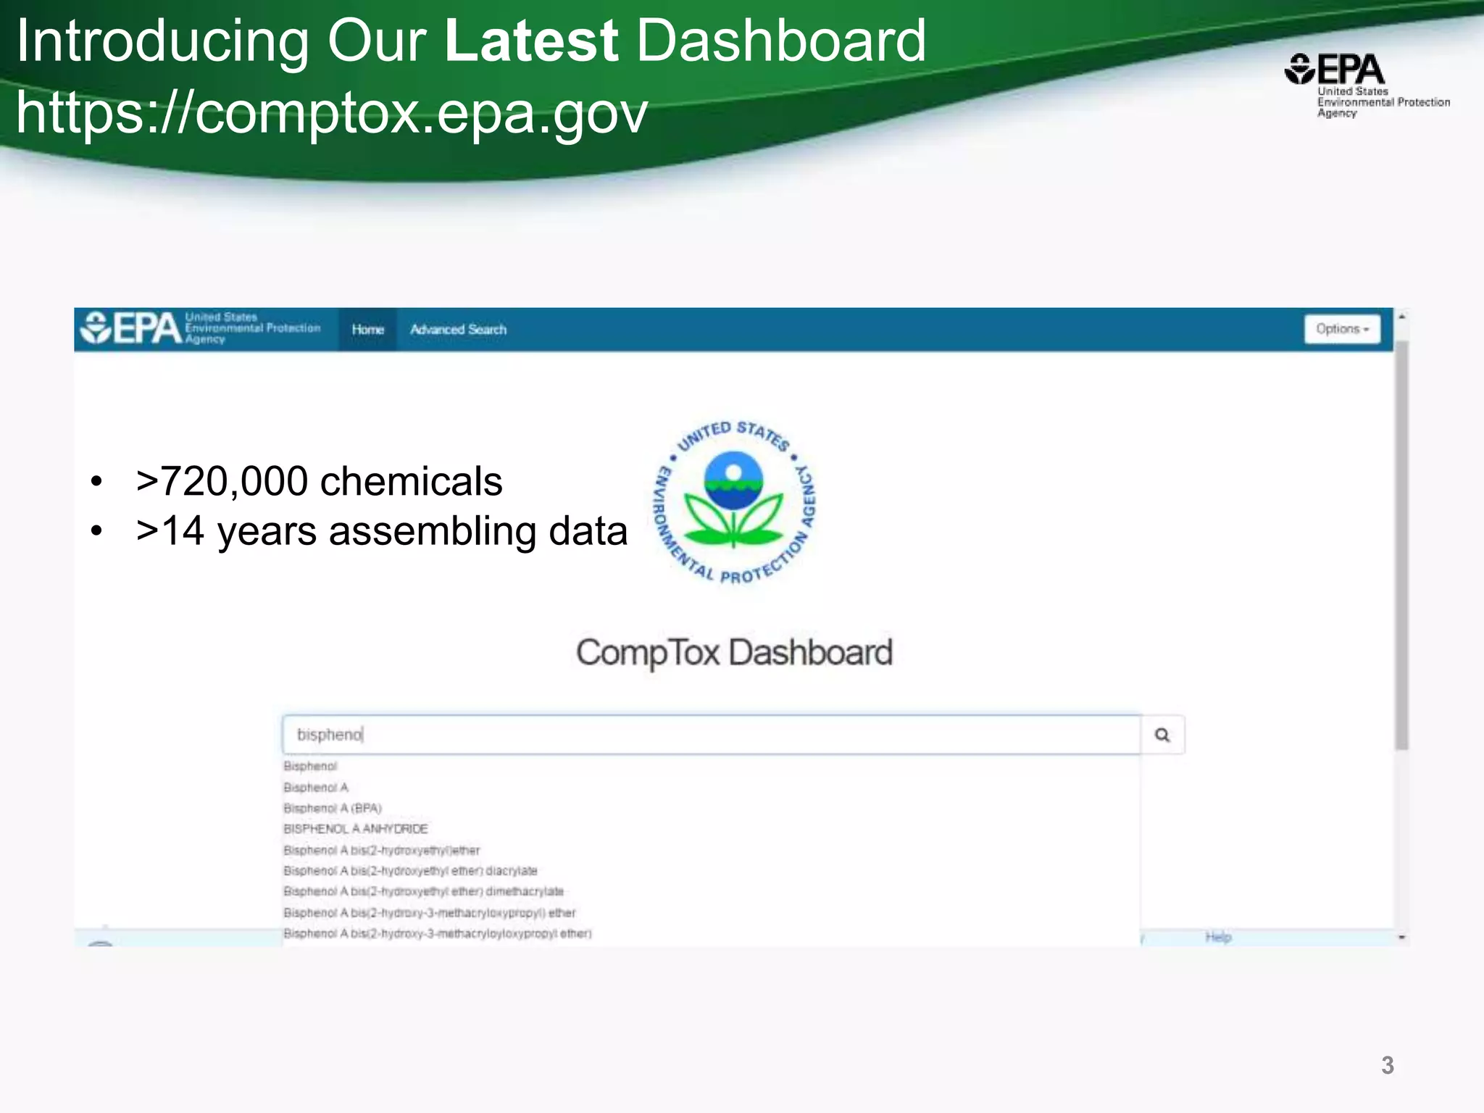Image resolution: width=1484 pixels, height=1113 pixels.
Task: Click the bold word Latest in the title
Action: coord(531,41)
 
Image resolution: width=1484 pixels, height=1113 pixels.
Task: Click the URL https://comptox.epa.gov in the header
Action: coord(331,113)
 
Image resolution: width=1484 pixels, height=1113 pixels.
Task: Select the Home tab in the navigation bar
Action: coord(367,330)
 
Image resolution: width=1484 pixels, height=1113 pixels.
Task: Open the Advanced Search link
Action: coord(458,330)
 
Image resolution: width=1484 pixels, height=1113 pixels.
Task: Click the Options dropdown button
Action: coord(1342,329)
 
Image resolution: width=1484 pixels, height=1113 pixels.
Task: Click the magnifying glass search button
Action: coord(1162,735)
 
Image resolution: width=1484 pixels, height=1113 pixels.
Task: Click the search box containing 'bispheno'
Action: coord(710,735)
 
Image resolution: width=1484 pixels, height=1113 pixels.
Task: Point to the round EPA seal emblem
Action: coord(734,501)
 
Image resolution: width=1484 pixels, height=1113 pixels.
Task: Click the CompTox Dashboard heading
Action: coord(734,652)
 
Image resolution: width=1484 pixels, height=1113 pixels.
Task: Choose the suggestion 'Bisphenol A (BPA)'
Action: coord(333,808)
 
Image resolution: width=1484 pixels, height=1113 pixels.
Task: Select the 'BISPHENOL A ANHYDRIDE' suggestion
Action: coord(356,829)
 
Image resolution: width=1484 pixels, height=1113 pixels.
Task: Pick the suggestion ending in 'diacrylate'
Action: coord(410,870)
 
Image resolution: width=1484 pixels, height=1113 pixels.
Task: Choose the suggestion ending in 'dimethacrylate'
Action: coord(423,891)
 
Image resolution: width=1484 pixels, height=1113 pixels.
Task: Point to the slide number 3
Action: coord(1387,1065)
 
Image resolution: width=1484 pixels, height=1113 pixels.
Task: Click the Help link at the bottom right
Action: coord(1218,937)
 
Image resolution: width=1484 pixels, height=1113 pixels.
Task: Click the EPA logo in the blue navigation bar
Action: coord(130,329)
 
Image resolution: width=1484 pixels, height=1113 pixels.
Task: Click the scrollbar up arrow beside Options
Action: coord(1402,317)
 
